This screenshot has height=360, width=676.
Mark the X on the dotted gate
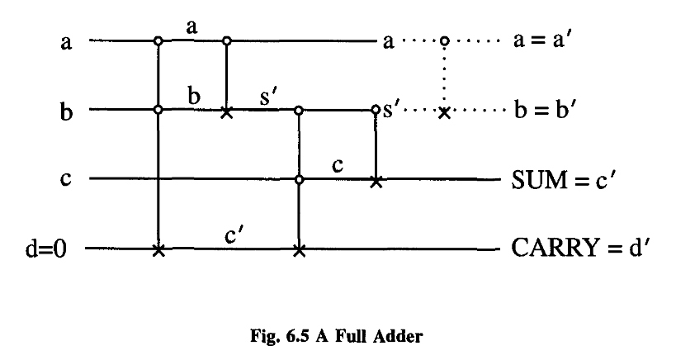pos(445,111)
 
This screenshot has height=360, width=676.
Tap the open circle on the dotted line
pos(445,40)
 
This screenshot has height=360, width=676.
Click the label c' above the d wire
pos(232,234)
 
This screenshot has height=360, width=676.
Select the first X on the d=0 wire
pos(158,249)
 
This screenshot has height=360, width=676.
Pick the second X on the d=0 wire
pos(299,249)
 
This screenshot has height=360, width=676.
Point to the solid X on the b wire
pos(227,110)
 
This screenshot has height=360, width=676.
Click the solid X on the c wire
pos(376,179)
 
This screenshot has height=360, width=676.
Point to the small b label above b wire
pos(194,95)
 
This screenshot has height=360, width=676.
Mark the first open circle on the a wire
pos(158,40)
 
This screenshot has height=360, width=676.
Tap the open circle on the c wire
pos(299,178)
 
